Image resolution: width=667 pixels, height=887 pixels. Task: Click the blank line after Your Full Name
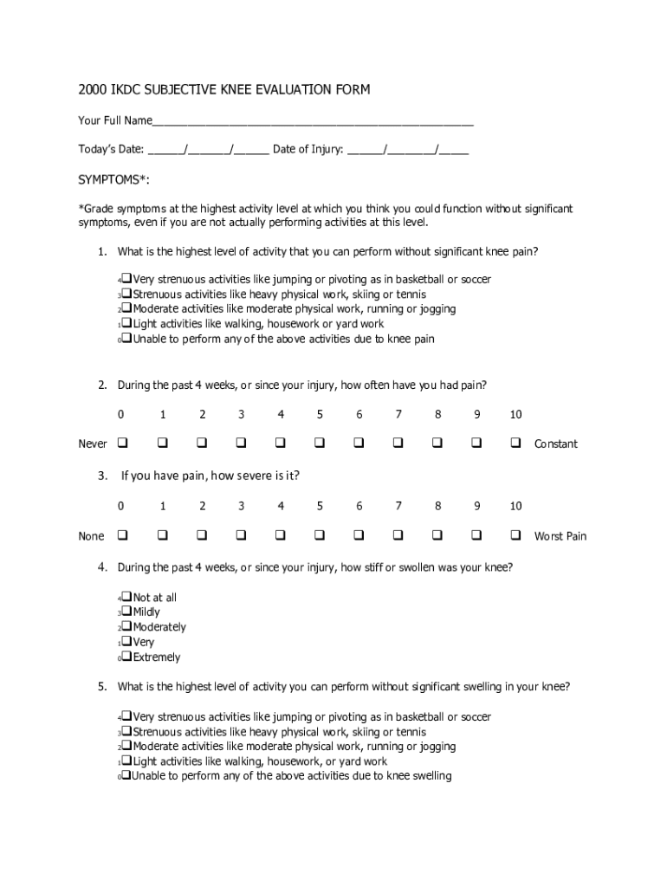[313, 121]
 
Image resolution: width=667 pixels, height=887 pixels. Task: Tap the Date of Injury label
[308, 149]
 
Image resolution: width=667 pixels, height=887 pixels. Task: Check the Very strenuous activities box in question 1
[126, 279]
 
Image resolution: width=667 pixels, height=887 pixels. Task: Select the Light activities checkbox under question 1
[126, 324]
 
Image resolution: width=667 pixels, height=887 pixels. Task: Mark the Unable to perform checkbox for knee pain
[126, 339]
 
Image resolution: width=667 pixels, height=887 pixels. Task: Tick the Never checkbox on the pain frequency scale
[122, 443]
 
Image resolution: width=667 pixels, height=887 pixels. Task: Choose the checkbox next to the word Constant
[515, 443]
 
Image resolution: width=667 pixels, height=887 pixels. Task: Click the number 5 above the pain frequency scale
[320, 415]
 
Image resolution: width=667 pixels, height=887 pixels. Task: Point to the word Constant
[556, 444]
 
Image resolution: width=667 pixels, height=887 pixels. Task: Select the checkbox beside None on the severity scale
[122, 535]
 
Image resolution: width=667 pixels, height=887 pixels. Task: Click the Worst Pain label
[560, 536]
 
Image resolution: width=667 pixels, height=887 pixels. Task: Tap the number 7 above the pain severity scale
[398, 506]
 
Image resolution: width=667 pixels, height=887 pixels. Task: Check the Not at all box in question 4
[126, 597]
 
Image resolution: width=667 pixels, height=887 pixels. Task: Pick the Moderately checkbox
[126, 626]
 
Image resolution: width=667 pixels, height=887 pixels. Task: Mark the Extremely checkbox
[126, 657]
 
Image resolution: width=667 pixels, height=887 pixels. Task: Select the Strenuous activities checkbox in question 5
[126, 731]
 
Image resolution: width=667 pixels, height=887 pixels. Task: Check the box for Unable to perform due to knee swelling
[126, 775]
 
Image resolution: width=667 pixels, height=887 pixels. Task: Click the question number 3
[102, 476]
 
